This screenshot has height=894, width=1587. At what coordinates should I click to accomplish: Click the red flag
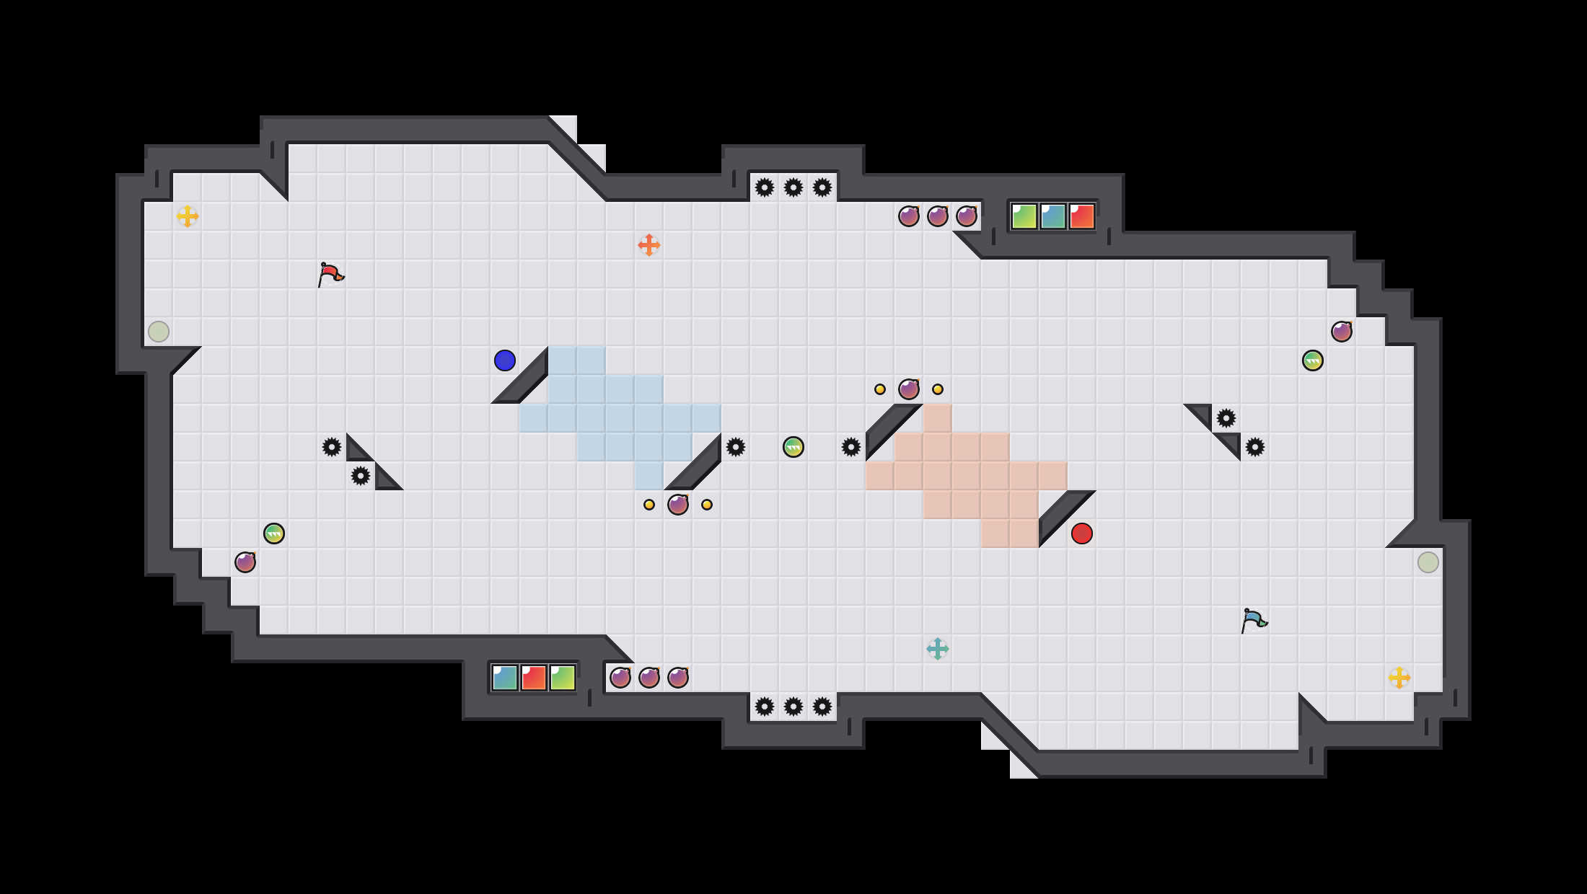(330, 274)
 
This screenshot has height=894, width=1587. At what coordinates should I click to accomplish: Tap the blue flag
(1254, 620)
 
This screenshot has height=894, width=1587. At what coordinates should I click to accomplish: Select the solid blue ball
(505, 360)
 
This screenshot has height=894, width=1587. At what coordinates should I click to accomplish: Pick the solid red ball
(1082, 534)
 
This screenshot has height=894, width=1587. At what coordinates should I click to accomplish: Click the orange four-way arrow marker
(649, 245)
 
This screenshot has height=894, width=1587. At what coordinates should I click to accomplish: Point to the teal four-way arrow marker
(938, 649)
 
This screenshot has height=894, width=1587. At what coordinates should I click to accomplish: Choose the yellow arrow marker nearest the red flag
(188, 216)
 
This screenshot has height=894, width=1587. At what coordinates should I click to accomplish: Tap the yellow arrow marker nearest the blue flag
(1399, 678)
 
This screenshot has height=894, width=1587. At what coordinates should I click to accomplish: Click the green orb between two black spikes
(793, 447)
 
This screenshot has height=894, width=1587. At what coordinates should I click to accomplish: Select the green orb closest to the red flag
(274, 534)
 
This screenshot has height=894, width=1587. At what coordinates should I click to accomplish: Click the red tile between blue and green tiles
(534, 678)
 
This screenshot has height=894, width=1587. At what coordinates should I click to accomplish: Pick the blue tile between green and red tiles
(1053, 216)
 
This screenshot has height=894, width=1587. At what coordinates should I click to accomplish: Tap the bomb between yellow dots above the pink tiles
(909, 389)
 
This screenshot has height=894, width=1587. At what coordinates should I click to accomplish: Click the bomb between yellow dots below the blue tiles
(678, 505)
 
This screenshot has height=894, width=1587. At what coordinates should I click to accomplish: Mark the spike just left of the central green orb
(736, 447)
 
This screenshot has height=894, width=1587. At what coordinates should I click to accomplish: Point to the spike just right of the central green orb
(851, 447)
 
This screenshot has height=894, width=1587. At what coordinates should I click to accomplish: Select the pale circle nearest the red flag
(159, 332)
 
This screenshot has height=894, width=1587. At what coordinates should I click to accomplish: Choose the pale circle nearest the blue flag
(1428, 562)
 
